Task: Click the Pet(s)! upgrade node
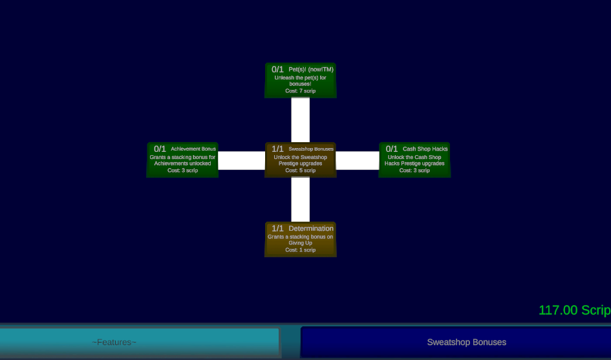pyautogui.click(x=301, y=80)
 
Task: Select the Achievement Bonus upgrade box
pyautogui.click(x=182, y=160)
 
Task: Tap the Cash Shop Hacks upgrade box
pyautogui.click(x=414, y=160)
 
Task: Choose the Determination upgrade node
pyautogui.click(x=301, y=239)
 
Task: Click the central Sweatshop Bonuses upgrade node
pyautogui.click(x=301, y=160)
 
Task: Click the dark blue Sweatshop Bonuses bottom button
pyautogui.click(x=456, y=342)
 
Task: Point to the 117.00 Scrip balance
pyautogui.click(x=574, y=310)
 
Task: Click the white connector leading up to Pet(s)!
pyautogui.click(x=301, y=120)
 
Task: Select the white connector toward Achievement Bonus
pyautogui.click(x=242, y=160)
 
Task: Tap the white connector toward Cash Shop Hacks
pyautogui.click(x=358, y=160)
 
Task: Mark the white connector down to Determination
pyautogui.click(x=301, y=200)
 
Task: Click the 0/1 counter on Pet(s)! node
pyautogui.click(x=277, y=69)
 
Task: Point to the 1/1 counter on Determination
pyautogui.click(x=277, y=228)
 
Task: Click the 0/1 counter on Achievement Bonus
pyautogui.click(x=160, y=149)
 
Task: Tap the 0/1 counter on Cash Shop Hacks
pyautogui.click(x=392, y=149)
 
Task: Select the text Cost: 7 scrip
pyautogui.click(x=301, y=90)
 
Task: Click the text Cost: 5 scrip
pyautogui.click(x=301, y=170)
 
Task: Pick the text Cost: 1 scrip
pyautogui.click(x=301, y=249)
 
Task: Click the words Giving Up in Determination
pyautogui.click(x=301, y=243)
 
